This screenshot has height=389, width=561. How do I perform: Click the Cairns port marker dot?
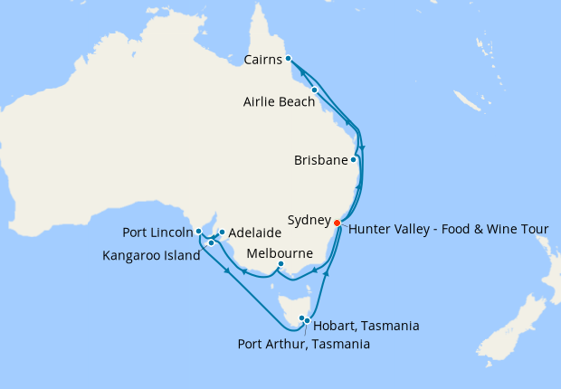point(288,59)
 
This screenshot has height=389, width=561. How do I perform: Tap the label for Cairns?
point(263,61)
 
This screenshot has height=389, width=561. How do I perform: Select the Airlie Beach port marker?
point(314,90)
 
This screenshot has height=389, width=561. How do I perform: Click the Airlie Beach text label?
point(280,102)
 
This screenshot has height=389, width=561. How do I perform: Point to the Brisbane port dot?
point(353,160)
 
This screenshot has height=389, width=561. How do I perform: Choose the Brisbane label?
point(321,161)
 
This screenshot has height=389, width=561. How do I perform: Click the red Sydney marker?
point(337,223)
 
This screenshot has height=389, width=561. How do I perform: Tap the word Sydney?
point(309,220)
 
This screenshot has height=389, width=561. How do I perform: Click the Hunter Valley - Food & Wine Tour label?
point(448,228)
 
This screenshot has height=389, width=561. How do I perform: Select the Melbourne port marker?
point(281,264)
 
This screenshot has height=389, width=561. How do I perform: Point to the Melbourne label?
point(280,252)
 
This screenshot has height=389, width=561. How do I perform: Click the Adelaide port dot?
point(222,232)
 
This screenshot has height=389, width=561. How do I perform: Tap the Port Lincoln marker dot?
point(197,231)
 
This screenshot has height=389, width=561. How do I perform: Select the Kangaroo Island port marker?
point(210,242)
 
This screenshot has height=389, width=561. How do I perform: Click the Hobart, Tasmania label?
point(365,326)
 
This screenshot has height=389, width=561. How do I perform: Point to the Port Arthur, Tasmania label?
point(303,344)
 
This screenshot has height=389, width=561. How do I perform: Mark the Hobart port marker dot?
point(308,320)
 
